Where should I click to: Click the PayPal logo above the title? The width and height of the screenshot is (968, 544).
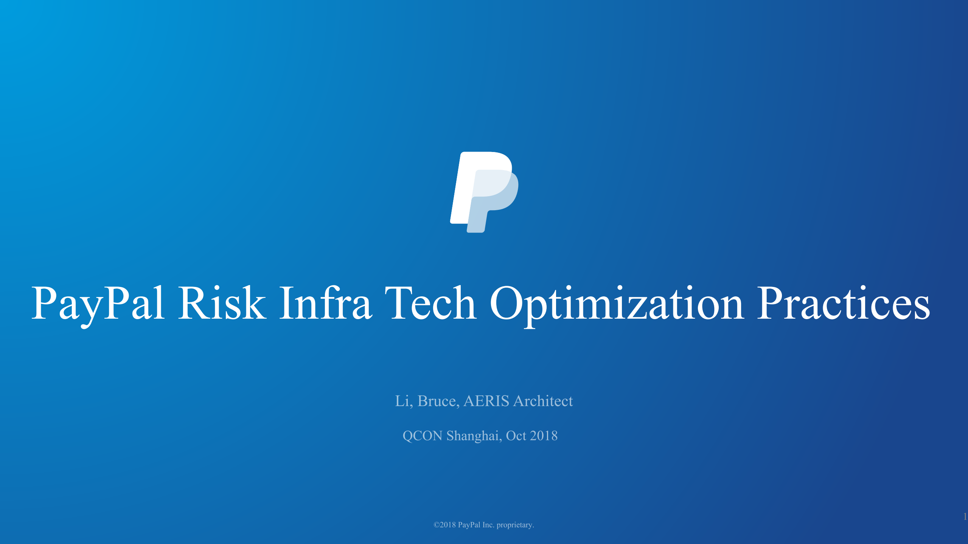click(x=484, y=192)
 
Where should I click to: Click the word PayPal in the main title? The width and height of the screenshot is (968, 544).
click(x=98, y=304)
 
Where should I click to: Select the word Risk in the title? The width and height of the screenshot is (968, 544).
click(x=222, y=304)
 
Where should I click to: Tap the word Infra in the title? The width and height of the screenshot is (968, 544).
click(x=325, y=304)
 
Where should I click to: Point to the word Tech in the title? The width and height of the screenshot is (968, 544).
click(x=430, y=304)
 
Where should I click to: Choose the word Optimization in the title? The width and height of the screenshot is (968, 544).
click(x=617, y=304)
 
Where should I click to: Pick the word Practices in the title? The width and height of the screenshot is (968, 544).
click(x=843, y=304)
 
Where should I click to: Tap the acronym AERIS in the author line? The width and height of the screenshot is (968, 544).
click(x=486, y=401)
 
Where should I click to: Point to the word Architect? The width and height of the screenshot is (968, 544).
click(x=543, y=401)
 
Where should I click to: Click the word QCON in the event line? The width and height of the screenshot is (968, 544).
click(x=423, y=436)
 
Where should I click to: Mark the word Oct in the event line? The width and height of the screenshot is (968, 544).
click(x=516, y=436)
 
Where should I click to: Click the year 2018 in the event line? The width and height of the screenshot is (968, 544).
click(x=544, y=436)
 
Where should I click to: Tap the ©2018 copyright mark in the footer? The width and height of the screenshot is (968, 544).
click(x=444, y=525)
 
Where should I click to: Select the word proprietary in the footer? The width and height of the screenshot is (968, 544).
click(x=515, y=525)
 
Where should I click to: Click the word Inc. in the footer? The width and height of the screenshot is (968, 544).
click(x=488, y=525)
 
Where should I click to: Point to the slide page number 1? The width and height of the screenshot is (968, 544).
click(x=965, y=516)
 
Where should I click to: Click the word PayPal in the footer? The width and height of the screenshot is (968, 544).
click(x=469, y=525)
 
